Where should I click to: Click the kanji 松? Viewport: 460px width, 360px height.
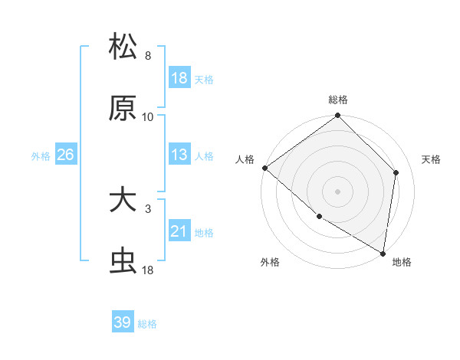[123, 47]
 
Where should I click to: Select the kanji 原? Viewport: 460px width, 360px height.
[123, 108]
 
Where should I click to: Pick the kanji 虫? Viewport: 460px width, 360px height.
[123, 261]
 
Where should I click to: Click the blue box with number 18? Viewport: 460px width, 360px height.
[179, 78]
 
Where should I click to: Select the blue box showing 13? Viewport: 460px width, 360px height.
[179, 155]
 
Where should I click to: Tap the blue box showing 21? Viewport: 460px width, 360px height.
[179, 231]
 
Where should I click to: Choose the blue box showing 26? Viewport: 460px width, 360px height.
[65, 155]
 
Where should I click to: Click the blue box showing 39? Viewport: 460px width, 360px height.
[123, 322]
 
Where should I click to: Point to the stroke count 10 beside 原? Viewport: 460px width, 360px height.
[148, 117]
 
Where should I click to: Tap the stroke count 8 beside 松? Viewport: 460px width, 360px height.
[148, 56]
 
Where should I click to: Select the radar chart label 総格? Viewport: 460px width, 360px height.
[338, 100]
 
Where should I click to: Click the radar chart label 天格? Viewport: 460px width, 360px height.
[431, 159]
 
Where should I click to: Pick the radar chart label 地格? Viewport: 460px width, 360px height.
[402, 262]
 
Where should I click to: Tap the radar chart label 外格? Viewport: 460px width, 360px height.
[270, 262]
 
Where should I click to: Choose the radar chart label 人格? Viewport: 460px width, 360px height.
[245, 159]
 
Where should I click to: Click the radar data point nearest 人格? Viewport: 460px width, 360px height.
[264, 168]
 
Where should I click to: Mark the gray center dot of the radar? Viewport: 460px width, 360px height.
[338, 191]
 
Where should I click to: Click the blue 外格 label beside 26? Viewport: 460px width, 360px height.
[41, 155]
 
